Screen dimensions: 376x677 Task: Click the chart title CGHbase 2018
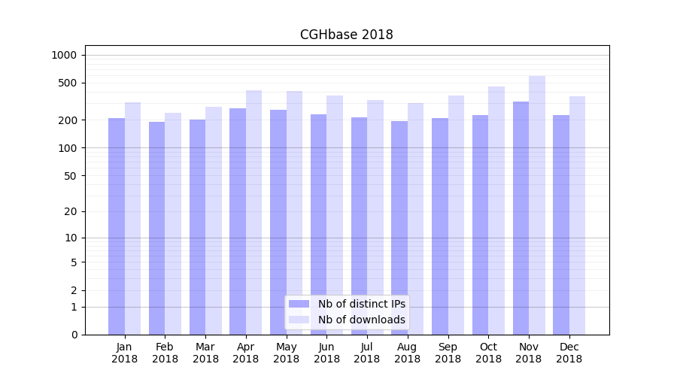pyautogui.click(x=346, y=35)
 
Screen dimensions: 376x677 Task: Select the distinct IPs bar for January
pyautogui.click(x=117, y=226)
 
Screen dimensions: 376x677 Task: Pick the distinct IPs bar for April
pyautogui.click(x=238, y=221)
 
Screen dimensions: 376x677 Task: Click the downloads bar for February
pyautogui.click(x=173, y=223)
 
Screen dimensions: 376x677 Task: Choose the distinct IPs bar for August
pyautogui.click(x=399, y=227)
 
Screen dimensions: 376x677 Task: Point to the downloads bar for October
pyautogui.click(x=496, y=211)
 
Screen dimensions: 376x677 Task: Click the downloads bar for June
pyautogui.click(x=335, y=215)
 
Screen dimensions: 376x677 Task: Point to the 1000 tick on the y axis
pyautogui.click(x=64, y=55)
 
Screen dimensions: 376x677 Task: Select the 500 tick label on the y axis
pyautogui.click(x=67, y=83)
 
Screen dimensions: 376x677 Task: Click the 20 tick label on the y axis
pyautogui.click(x=70, y=211)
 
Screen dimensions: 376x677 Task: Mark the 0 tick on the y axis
pyautogui.click(x=74, y=335)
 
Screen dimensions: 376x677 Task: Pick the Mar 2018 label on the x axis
pyautogui.click(x=205, y=353)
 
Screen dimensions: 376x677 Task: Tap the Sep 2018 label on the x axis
pyautogui.click(x=448, y=353)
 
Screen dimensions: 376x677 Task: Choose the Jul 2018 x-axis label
pyautogui.click(x=367, y=353)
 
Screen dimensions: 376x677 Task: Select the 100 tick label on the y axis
pyautogui.click(x=67, y=148)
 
